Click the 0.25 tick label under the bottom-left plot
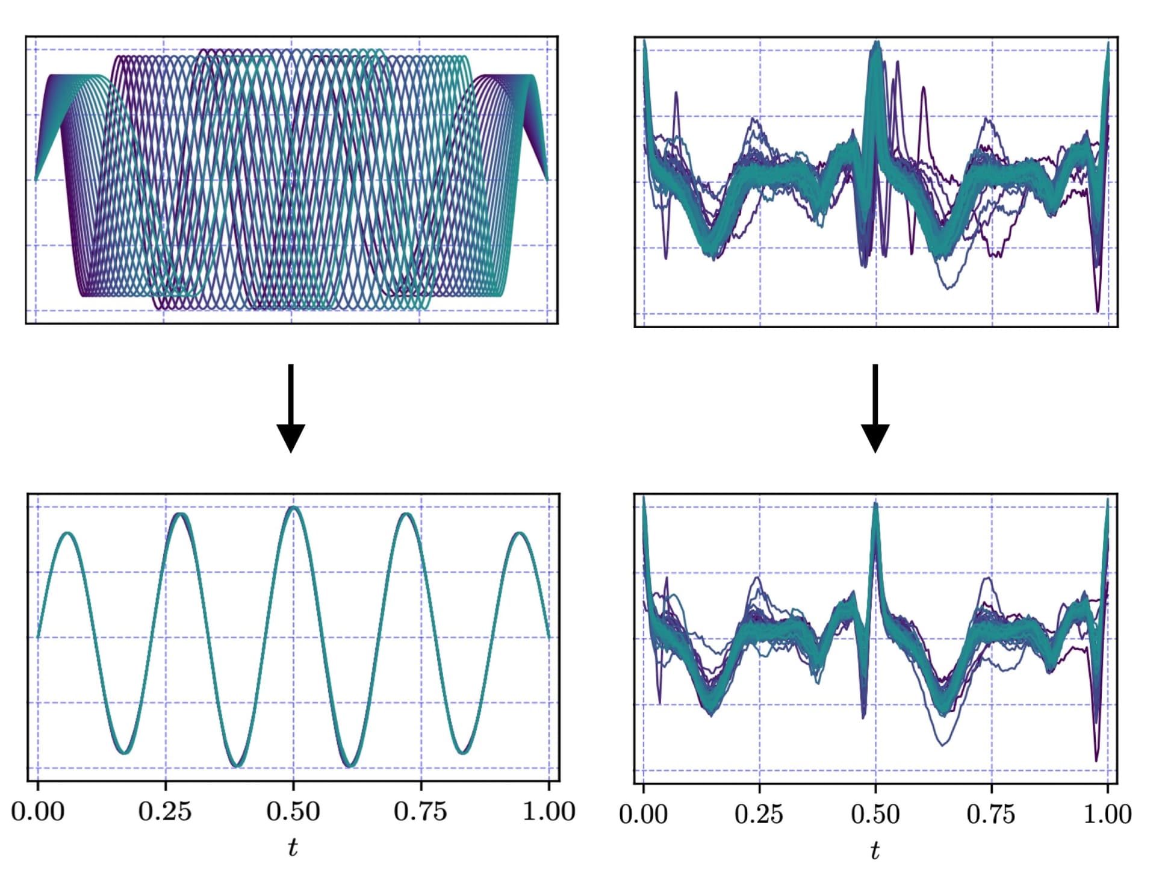point(165,812)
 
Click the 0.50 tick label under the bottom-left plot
point(293,812)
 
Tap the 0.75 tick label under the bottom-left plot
point(420,812)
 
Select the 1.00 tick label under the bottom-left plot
point(548,812)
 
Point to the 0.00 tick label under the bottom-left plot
point(37,812)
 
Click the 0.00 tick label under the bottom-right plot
point(643,814)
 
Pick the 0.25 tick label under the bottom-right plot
point(759,814)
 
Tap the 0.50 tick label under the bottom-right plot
point(875,814)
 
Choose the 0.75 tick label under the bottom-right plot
point(990,814)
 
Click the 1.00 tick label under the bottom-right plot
point(1107,814)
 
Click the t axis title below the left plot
point(293,847)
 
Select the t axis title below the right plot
point(875,850)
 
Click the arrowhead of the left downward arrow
point(291,437)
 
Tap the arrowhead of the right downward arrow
point(875,437)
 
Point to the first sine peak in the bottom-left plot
point(68,534)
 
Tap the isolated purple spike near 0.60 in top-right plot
point(923,89)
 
